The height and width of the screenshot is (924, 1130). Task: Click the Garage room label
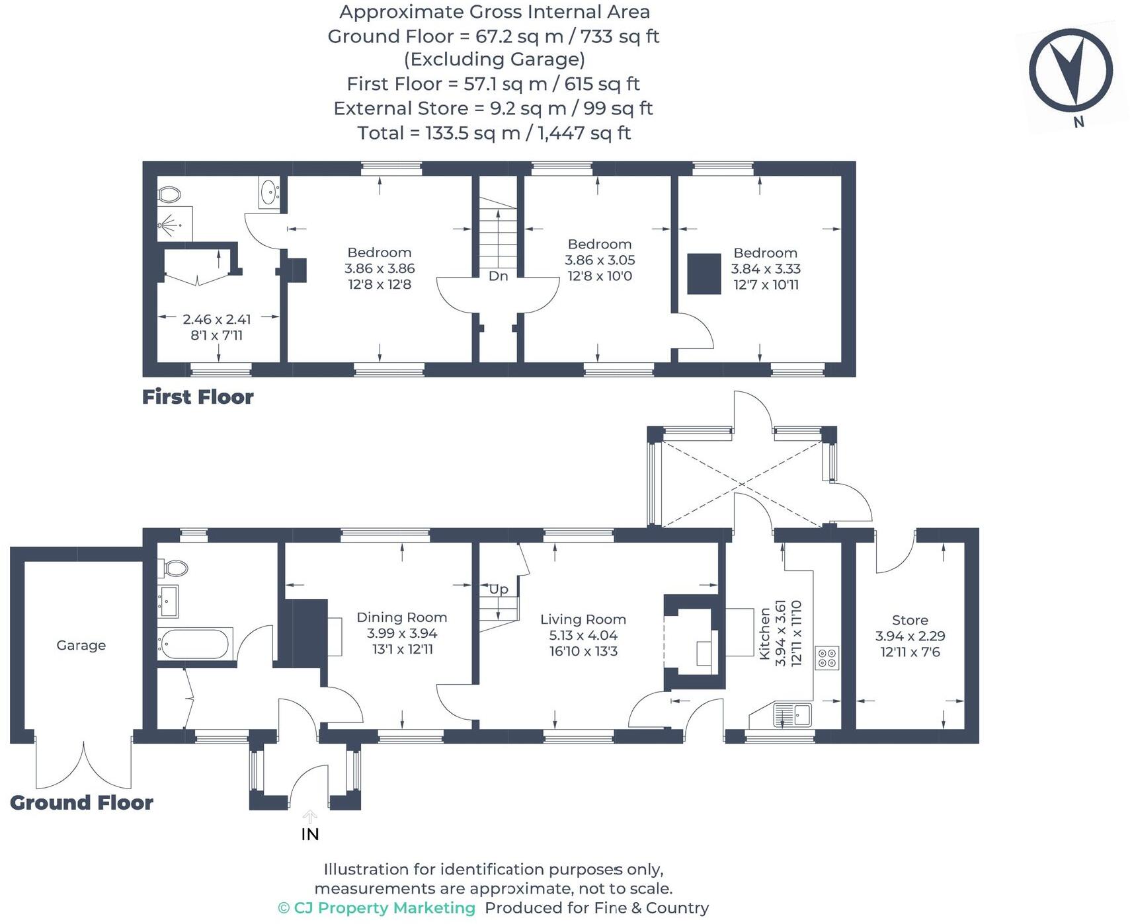[81, 645]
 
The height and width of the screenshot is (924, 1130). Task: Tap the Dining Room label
[401, 617]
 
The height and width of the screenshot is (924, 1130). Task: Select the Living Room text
[583, 619]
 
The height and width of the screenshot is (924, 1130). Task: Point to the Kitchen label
[765, 634]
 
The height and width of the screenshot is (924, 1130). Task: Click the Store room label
[910, 620]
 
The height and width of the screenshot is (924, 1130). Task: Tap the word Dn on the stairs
[498, 276]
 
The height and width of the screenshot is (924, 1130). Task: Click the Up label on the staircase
[499, 589]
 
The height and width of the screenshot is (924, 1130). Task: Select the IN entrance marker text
[309, 834]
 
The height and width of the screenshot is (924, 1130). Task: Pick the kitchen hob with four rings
[827, 658]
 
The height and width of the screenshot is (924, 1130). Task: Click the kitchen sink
[793, 714]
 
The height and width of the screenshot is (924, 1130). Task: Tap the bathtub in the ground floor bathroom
[195, 643]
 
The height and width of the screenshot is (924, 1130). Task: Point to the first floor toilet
[169, 194]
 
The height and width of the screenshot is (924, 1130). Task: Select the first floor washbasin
[269, 192]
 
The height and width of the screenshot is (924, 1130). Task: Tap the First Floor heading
[198, 397]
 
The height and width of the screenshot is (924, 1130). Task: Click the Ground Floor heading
[81, 802]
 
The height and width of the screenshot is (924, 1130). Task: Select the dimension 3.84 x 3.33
[766, 269]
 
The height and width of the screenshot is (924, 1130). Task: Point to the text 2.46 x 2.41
[217, 319]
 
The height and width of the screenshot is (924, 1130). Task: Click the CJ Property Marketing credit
[376, 908]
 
